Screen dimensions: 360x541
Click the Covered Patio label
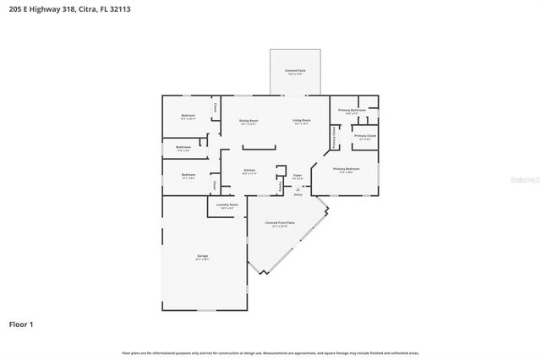click(295, 70)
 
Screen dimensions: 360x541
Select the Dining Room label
click(249, 121)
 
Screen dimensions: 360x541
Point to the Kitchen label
click(250, 171)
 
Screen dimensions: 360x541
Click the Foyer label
click(298, 176)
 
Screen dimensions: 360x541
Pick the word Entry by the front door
click(298, 195)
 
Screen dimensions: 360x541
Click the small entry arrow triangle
click(298, 188)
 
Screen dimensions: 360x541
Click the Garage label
click(203, 256)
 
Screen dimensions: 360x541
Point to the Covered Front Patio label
click(280, 223)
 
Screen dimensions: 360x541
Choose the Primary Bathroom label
click(352, 111)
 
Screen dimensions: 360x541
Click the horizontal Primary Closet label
click(365, 136)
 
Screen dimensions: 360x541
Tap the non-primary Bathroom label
click(183, 147)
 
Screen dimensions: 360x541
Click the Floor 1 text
click(21, 324)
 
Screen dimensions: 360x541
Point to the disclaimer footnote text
click(270, 352)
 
